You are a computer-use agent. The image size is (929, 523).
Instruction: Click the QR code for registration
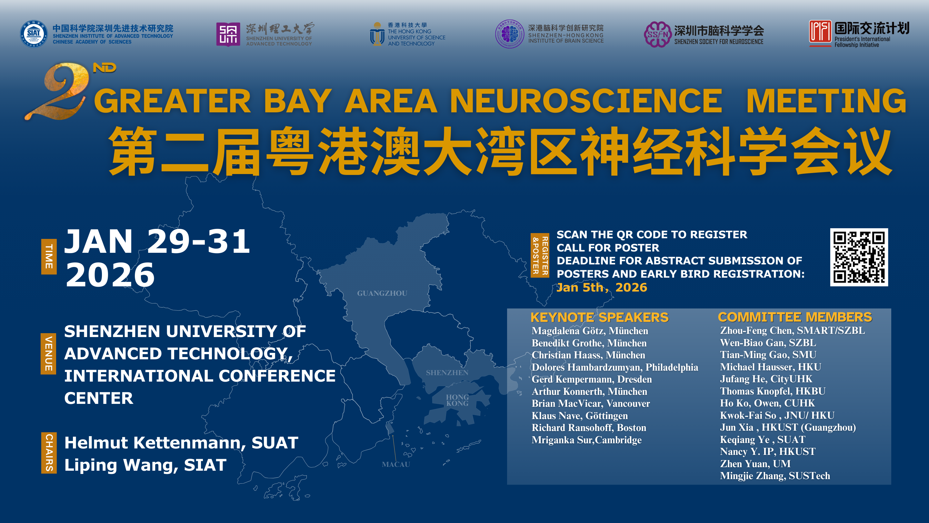859,257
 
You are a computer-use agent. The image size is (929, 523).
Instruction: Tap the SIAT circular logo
34,34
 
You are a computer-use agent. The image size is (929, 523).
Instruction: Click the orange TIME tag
49,257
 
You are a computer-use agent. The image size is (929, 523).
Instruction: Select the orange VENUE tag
48,354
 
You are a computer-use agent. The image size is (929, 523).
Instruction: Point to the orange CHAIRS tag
49,453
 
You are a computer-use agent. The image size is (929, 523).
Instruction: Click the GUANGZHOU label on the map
382,293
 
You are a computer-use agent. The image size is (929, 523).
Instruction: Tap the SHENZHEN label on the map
447,373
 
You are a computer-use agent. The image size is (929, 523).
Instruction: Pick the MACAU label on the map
396,464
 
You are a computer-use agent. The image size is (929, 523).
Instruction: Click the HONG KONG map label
457,400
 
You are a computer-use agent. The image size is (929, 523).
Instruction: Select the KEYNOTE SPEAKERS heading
599,317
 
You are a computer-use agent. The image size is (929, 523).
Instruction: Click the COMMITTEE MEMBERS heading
795,317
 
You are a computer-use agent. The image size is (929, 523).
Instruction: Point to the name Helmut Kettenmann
153,443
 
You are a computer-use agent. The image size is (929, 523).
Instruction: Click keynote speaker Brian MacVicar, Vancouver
591,404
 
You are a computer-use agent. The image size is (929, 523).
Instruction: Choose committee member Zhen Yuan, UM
755,464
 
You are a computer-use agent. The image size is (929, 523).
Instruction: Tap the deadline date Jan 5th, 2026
602,287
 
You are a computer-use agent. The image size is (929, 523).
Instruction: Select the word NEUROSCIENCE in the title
586,101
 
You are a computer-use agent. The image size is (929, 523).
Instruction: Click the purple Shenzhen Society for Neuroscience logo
657,34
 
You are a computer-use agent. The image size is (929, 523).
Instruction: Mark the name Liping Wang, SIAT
145,465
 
